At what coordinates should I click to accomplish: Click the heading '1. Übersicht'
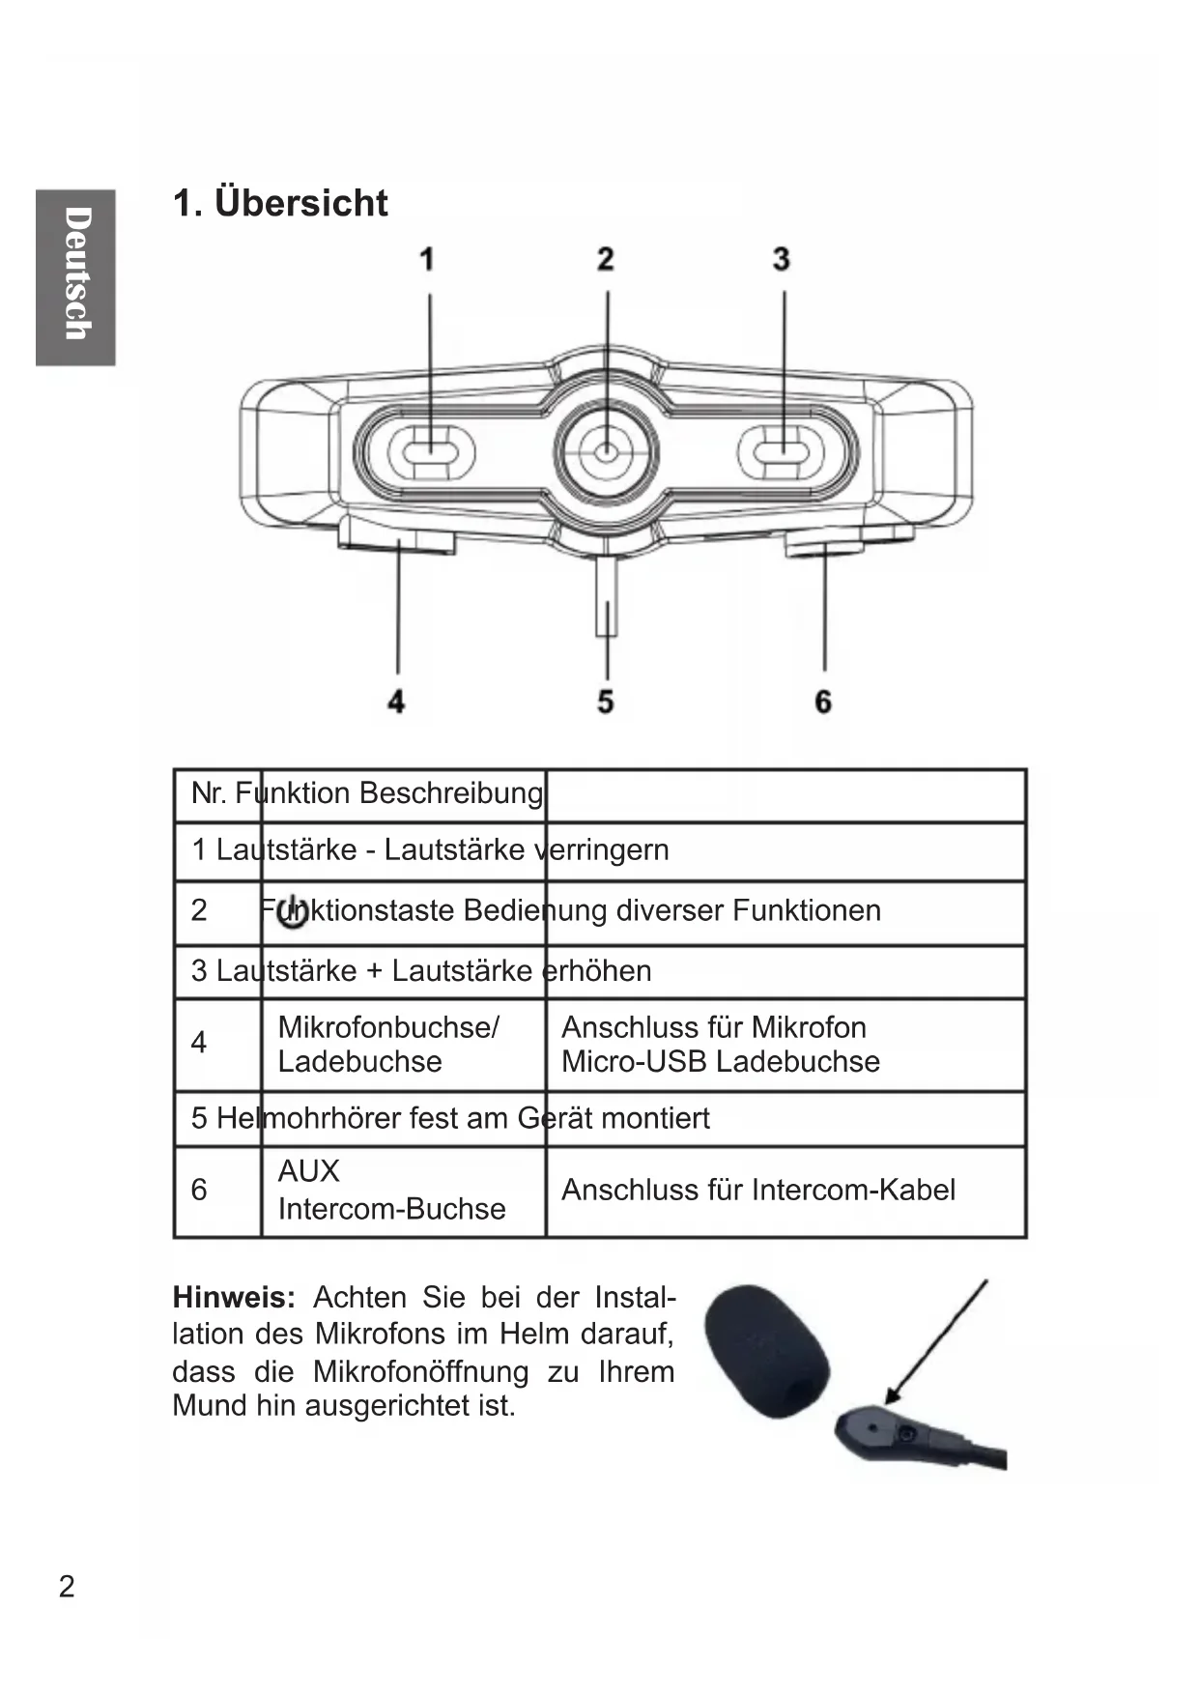tap(280, 203)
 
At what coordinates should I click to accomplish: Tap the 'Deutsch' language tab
tap(76, 276)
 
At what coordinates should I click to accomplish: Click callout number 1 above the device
tap(426, 259)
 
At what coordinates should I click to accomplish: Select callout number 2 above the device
tap(606, 259)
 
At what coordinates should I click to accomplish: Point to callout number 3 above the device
tap(782, 259)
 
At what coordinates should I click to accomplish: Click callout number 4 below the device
tap(396, 701)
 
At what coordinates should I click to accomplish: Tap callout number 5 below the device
tap(606, 701)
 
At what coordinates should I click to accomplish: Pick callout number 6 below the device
tap(823, 701)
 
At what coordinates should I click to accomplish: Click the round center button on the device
tap(606, 451)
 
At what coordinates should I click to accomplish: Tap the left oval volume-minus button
tap(431, 451)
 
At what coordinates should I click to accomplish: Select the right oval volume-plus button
tap(782, 451)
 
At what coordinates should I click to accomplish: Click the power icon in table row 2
tap(293, 913)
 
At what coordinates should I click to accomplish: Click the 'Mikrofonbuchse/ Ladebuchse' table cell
tap(388, 1045)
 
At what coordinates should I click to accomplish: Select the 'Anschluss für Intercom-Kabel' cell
tap(758, 1190)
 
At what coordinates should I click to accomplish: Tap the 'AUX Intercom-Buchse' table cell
tap(391, 1191)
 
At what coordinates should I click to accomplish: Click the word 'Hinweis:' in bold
tap(234, 1297)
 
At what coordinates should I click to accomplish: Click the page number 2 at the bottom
tap(67, 1587)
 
